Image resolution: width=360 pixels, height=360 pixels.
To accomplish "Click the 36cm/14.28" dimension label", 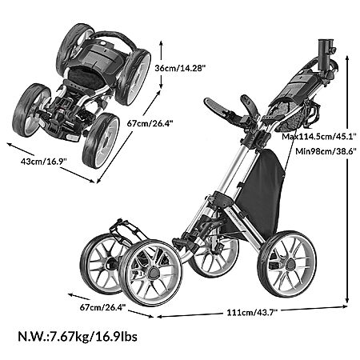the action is [180, 68].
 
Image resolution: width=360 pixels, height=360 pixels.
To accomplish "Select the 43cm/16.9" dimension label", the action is [43, 162].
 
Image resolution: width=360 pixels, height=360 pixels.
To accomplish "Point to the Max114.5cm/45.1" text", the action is [319, 137].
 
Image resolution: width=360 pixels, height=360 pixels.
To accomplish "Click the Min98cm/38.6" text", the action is [326, 151].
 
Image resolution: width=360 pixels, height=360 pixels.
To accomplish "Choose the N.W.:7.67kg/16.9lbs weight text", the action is [78, 336].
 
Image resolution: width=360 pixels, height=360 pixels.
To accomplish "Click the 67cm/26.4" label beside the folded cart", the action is [150, 123].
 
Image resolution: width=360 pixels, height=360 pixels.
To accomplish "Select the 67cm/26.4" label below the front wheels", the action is [102, 307].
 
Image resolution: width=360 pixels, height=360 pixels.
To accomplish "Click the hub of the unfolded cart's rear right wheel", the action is [290, 264].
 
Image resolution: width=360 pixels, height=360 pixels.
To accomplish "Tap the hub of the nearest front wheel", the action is [153, 272].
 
